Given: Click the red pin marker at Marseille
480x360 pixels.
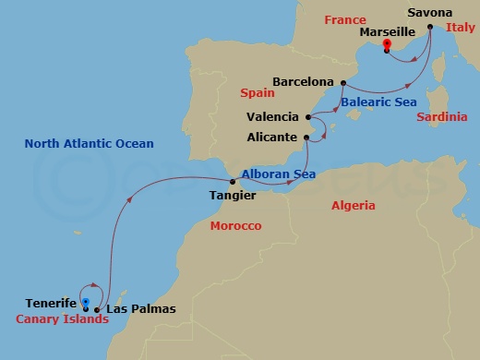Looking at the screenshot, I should (387, 43).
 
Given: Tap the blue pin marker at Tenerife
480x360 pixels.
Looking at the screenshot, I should (85, 303).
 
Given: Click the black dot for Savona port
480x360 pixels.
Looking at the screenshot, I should (430, 27).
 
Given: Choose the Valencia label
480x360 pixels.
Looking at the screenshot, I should (273, 117).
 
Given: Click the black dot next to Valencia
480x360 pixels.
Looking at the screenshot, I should (307, 117).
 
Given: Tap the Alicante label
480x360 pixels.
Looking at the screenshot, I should (272, 137).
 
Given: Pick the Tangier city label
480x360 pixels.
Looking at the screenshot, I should (232, 196).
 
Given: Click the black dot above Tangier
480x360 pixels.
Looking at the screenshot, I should (232, 182).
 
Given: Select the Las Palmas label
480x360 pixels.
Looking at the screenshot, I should (140, 309).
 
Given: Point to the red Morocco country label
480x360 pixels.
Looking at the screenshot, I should (235, 226).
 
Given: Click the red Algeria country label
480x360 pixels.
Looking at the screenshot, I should (353, 205).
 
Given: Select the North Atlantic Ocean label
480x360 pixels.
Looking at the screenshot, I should (89, 144).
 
